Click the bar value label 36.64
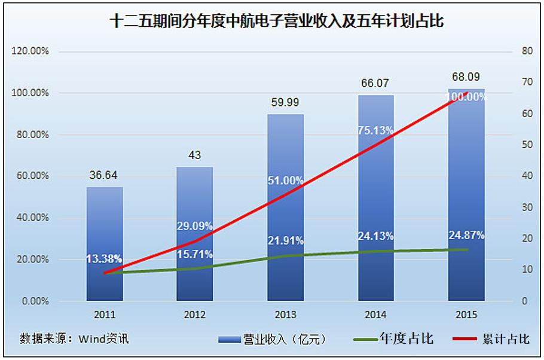click(105, 176)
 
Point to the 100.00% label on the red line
click(467, 96)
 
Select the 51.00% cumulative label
click(285, 180)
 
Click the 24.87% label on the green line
click(466, 234)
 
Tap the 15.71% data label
click(195, 254)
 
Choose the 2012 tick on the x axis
click(195, 315)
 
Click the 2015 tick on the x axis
click(466, 315)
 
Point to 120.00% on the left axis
click(30, 51)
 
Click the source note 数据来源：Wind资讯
click(75, 338)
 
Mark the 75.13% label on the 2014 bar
click(375, 132)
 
